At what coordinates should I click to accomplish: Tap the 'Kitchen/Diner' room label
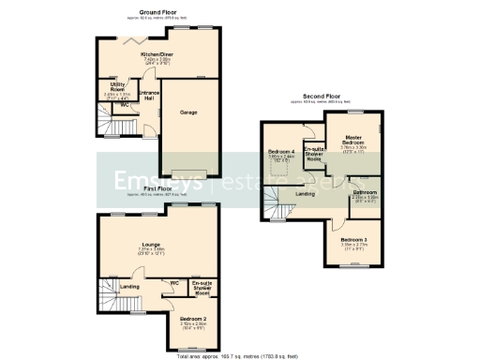(157, 55)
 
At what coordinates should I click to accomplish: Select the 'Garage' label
(188, 112)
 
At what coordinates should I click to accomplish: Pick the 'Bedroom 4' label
(281, 152)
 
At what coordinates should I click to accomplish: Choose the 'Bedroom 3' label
(353, 240)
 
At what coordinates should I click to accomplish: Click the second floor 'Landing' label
(305, 194)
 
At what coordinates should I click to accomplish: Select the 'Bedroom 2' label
(192, 319)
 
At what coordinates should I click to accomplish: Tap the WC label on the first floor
(174, 282)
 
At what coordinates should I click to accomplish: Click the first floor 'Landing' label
(130, 287)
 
